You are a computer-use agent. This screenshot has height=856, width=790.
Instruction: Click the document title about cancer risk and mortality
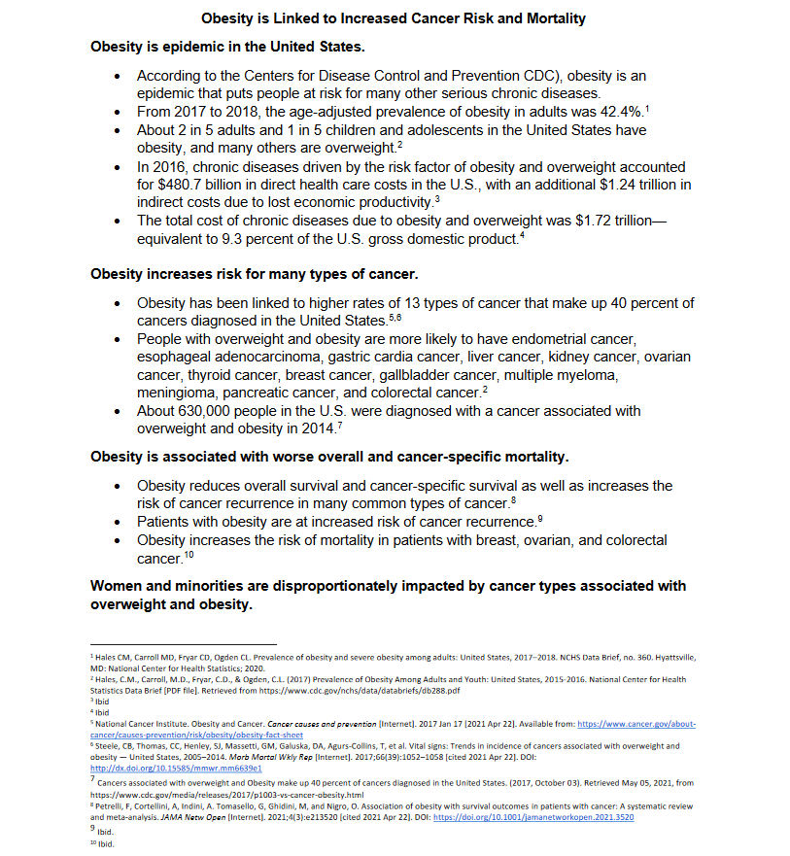click(394, 18)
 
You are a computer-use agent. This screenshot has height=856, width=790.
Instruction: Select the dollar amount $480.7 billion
click(195, 185)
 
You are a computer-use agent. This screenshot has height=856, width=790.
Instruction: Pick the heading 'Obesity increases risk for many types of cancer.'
click(255, 274)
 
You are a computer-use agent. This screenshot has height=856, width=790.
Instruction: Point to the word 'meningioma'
click(175, 394)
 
